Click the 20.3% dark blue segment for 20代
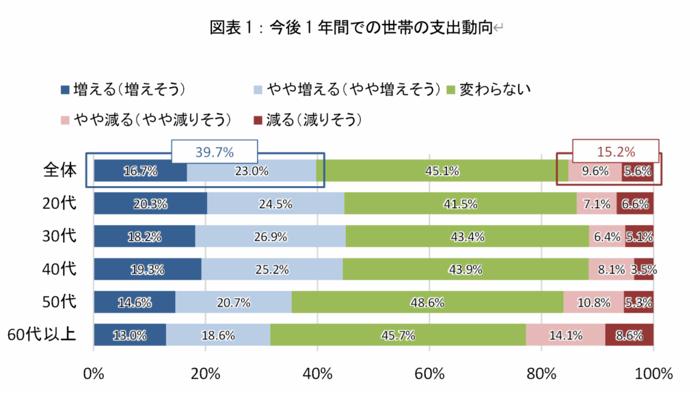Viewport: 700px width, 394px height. (150, 204)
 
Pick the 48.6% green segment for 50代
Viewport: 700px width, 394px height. (427, 302)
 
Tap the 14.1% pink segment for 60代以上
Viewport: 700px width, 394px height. (565, 335)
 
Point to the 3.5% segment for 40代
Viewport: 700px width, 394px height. (644, 270)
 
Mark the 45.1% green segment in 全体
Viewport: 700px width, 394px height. (442, 171)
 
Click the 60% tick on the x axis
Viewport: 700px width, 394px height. (429, 373)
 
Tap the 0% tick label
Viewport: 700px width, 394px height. (93, 373)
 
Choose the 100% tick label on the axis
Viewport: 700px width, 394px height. (654, 373)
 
